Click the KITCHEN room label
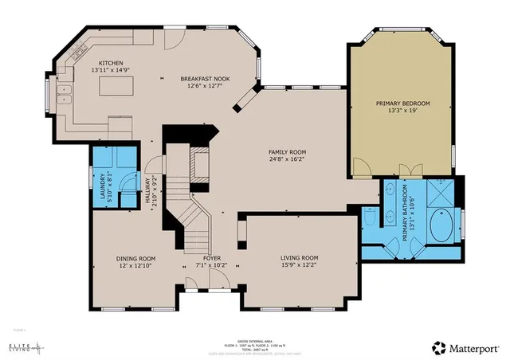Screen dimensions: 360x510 click(x=111, y=63)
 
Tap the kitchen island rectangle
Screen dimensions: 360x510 click(x=117, y=86)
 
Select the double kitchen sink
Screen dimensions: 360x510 click(x=65, y=100)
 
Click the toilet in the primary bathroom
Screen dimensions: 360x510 click(x=370, y=217)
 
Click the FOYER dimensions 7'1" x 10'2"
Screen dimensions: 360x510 click(x=211, y=266)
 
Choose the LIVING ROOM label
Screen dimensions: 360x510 click(x=299, y=258)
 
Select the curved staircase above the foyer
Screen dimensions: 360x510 click(x=194, y=223)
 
